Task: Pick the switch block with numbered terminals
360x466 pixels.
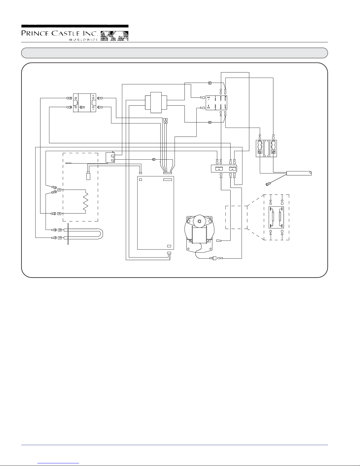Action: pyautogui.click(x=217, y=103)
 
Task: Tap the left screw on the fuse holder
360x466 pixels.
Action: pyautogui.click(x=259, y=152)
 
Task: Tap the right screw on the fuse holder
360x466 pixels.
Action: pyautogui.click(x=274, y=152)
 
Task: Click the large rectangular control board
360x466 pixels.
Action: pyautogui.click(x=155, y=213)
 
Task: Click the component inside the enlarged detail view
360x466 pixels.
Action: pyautogui.click(x=277, y=217)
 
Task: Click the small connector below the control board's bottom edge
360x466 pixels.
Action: pyautogui.click(x=169, y=253)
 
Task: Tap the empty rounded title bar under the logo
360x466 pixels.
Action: pyautogui.click(x=175, y=53)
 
